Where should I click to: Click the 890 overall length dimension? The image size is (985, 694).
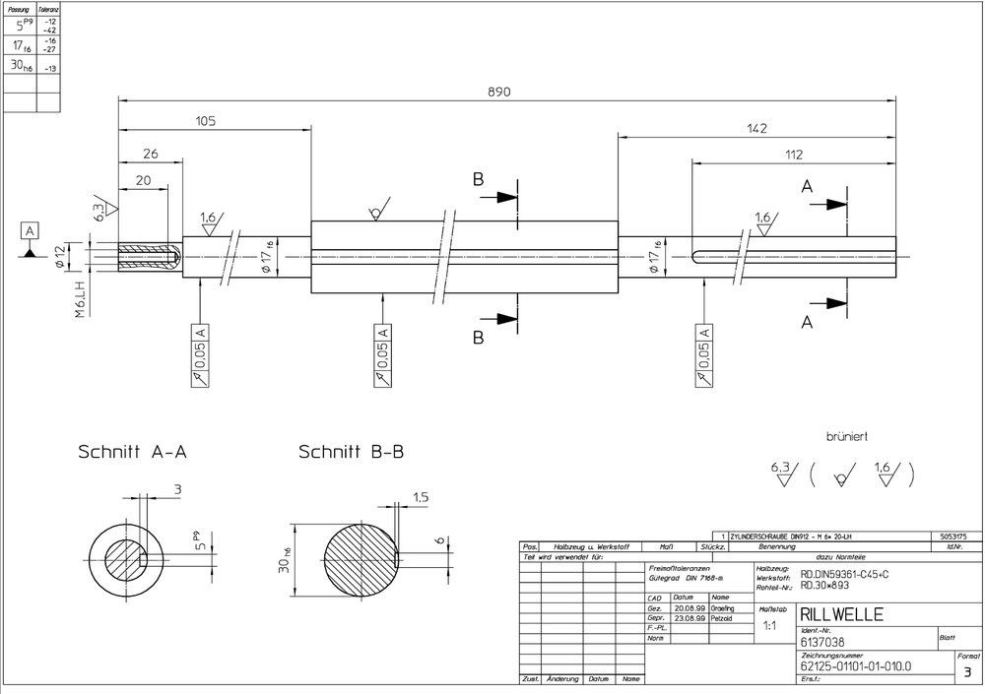pyautogui.click(x=500, y=91)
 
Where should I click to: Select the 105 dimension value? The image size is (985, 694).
pyautogui.click(x=205, y=121)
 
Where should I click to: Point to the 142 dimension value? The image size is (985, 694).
pyautogui.click(x=755, y=128)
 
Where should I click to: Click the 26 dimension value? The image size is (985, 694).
pyautogui.click(x=151, y=154)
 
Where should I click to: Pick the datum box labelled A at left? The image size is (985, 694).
pyautogui.click(x=31, y=231)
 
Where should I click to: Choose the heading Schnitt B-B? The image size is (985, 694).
pyautogui.click(x=352, y=452)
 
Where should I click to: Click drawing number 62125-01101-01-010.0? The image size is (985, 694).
pyautogui.click(x=856, y=666)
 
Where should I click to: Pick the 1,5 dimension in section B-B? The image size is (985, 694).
pyautogui.click(x=420, y=498)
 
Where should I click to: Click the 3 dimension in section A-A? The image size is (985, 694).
pyautogui.click(x=177, y=488)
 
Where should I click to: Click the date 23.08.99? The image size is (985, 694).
pyautogui.click(x=689, y=617)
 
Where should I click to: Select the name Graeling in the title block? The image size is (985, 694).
pyautogui.click(x=722, y=608)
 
